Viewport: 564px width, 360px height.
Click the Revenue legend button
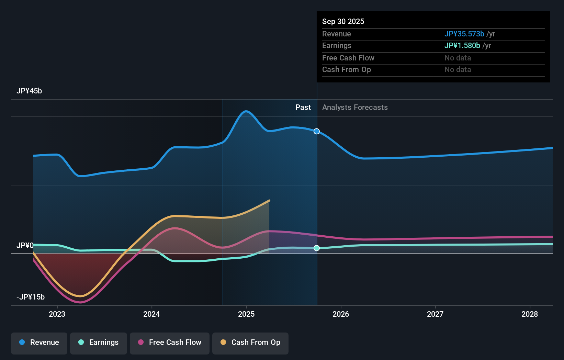point(39,342)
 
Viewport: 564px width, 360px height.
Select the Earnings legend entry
point(99,342)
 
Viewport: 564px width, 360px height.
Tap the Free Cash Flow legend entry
point(170,342)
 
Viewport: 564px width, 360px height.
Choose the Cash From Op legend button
point(250,342)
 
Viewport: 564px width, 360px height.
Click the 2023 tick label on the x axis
point(57,314)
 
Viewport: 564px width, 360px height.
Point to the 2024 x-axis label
point(151,314)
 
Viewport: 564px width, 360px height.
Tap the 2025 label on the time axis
point(246,314)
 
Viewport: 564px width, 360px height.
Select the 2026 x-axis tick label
point(341,314)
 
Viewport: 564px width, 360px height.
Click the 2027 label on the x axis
point(435,314)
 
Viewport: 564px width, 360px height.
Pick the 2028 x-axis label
point(530,314)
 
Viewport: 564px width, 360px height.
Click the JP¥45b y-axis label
point(29,91)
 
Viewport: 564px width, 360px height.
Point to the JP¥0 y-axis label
point(25,246)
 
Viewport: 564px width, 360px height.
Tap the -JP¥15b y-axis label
point(31,297)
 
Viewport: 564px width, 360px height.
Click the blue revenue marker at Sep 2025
point(317,131)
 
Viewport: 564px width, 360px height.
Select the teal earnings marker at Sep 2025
point(317,248)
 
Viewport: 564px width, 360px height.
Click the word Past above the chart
point(303,108)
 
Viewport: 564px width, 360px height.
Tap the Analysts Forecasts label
point(355,108)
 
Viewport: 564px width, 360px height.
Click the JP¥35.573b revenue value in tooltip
point(464,34)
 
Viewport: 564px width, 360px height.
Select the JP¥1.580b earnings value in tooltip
point(462,46)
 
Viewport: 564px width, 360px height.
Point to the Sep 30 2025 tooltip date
point(343,22)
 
